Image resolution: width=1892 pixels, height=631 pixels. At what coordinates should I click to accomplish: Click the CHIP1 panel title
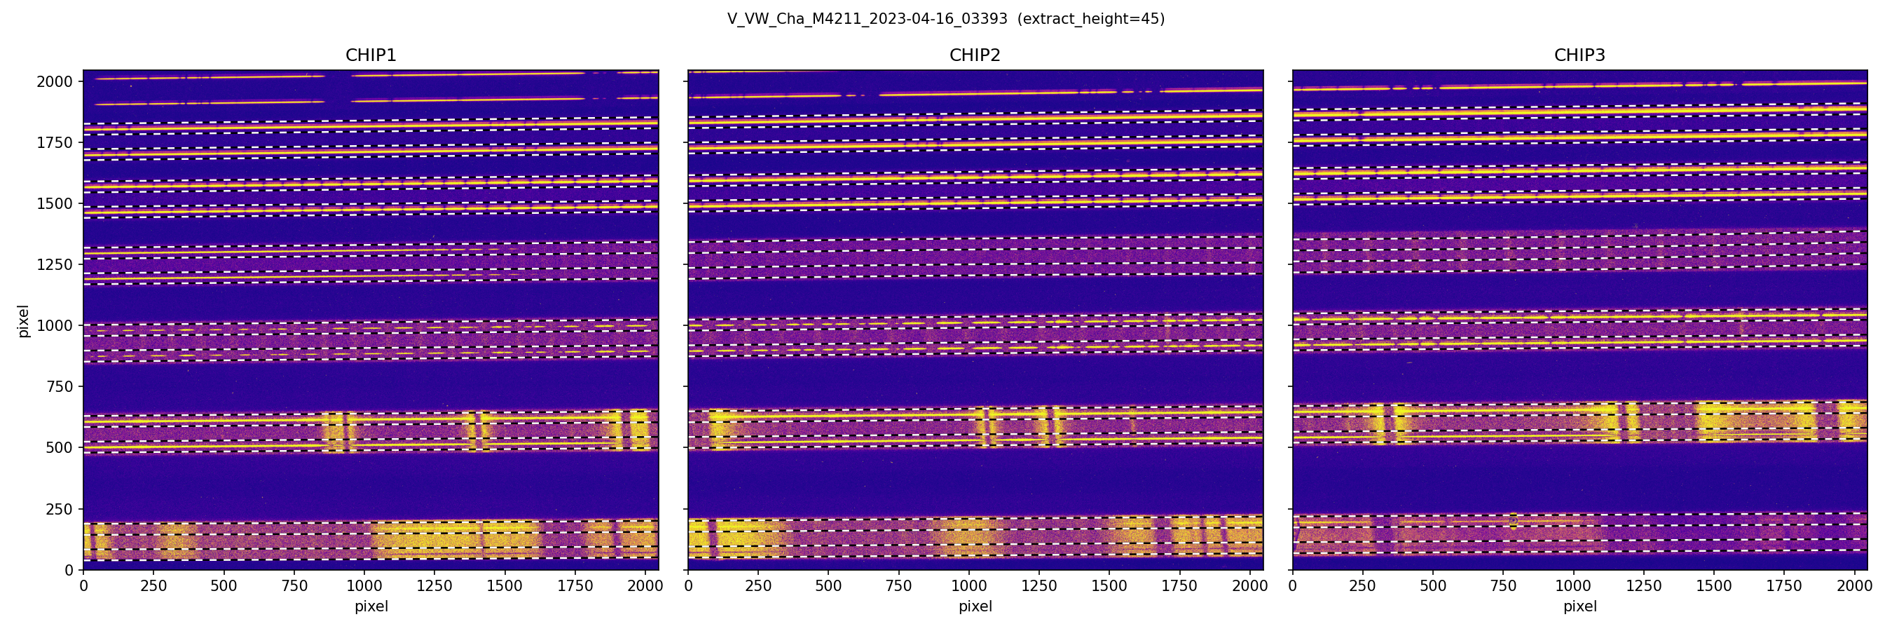(371, 55)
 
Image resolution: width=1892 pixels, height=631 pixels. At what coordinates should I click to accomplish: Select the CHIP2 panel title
(975, 55)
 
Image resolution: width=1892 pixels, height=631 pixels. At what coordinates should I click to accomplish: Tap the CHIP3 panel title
(1579, 55)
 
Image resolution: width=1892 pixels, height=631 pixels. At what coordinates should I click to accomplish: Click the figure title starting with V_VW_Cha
(867, 19)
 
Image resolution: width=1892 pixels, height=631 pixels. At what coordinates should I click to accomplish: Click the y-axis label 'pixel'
(24, 321)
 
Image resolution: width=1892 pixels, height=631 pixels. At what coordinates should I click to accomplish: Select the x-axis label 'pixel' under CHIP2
(975, 606)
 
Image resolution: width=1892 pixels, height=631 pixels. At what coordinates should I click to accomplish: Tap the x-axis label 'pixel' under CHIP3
(1579, 606)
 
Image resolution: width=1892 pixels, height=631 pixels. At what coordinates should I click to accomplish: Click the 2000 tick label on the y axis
(55, 81)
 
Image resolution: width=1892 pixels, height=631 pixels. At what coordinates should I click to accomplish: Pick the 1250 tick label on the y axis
(55, 264)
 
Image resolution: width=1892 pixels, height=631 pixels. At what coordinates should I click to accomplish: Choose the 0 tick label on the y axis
(69, 570)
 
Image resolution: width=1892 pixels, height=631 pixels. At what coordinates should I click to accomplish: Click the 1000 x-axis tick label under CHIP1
(364, 586)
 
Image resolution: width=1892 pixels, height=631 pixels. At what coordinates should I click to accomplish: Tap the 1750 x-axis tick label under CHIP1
(575, 586)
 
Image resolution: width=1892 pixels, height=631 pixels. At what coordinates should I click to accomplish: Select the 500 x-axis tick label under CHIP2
(828, 586)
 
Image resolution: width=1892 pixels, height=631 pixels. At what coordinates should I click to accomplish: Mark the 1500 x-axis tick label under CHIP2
(1109, 586)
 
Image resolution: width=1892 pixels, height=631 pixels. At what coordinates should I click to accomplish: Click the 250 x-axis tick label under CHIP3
(1362, 586)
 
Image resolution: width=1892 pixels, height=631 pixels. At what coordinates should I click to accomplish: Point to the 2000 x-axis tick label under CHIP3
(1853, 586)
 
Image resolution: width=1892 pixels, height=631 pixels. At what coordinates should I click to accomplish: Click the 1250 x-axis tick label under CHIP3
(1643, 586)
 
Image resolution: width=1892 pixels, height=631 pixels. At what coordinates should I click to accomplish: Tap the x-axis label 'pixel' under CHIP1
(371, 606)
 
